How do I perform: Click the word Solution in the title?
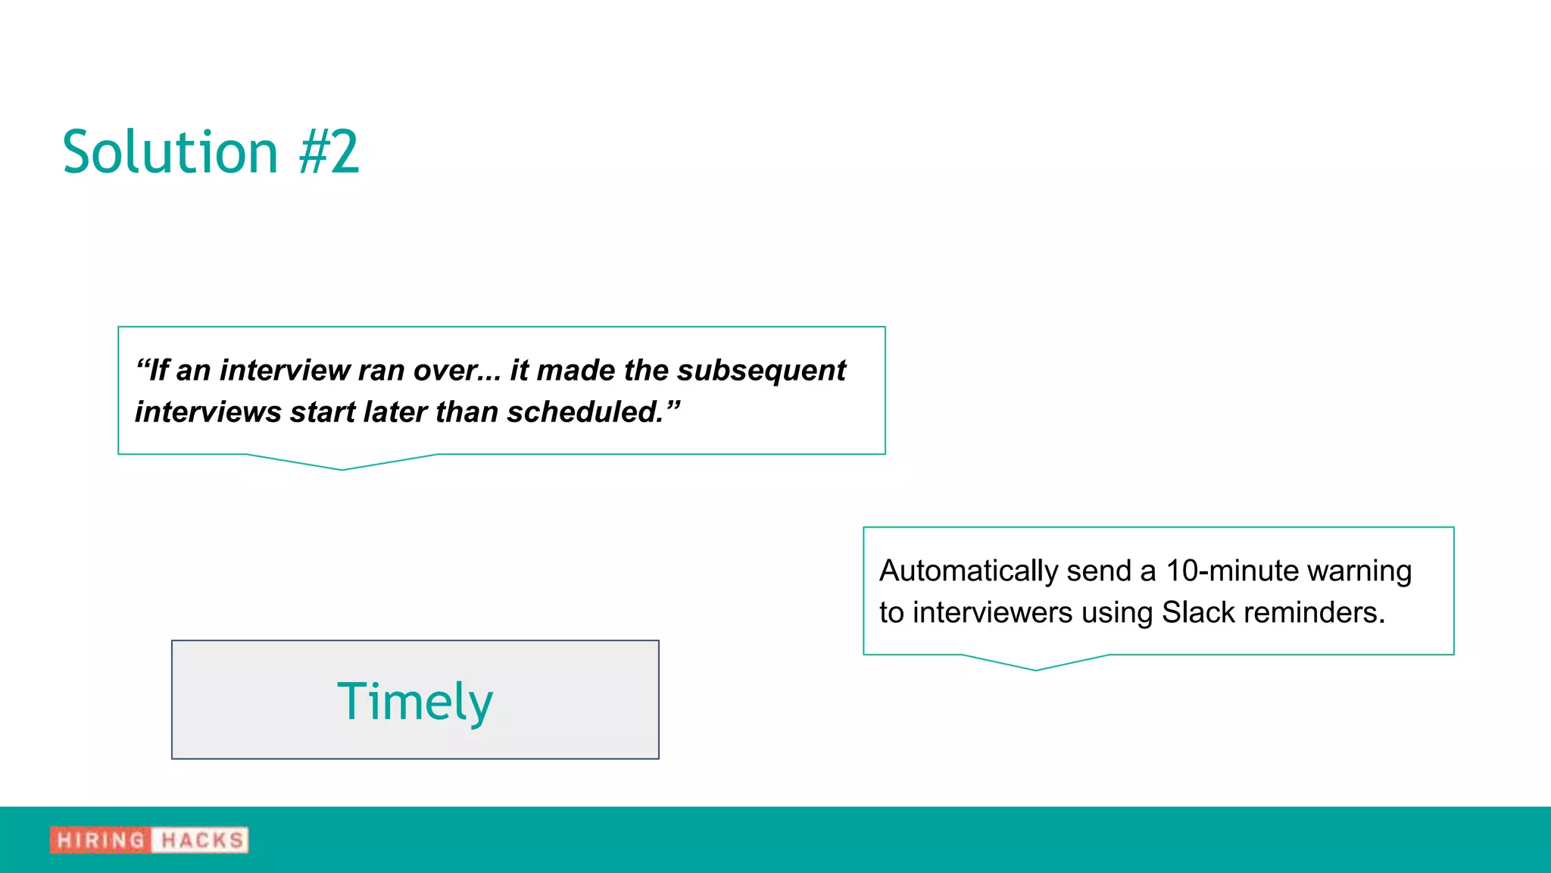170,152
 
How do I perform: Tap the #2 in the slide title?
329,152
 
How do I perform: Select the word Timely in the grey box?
415,701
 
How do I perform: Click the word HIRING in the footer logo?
101,840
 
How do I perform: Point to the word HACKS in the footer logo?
202,840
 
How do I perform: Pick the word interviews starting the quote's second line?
208,412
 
